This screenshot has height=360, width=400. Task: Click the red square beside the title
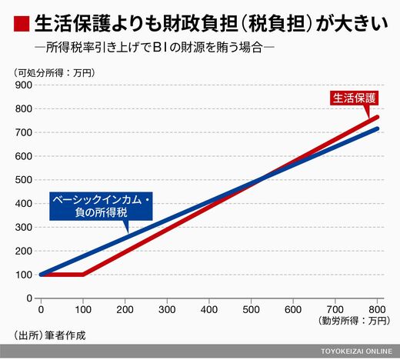[x=22, y=24]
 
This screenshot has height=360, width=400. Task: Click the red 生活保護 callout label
[x=355, y=98]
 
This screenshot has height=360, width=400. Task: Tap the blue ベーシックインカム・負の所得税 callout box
[x=101, y=206]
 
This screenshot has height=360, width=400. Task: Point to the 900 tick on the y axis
[x=24, y=85]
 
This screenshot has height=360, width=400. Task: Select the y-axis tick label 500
[x=24, y=180]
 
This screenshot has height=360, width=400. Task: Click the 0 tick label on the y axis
[x=29, y=298]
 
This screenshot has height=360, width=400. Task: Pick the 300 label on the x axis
[x=167, y=310]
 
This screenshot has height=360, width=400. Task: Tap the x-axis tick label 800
[x=377, y=310]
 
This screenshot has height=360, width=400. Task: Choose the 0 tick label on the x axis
[x=41, y=310]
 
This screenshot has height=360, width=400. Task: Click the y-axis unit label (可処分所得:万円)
[x=55, y=73]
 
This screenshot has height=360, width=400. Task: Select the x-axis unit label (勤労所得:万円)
[x=355, y=321]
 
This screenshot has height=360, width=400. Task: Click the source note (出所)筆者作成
[x=49, y=335]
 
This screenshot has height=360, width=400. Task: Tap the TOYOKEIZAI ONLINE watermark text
[x=357, y=352]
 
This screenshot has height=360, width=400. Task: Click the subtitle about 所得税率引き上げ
[x=155, y=48]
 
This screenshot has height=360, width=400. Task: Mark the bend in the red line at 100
[x=83, y=275]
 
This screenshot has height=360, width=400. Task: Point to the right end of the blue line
[x=377, y=128]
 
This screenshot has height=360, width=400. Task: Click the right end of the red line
[x=377, y=117]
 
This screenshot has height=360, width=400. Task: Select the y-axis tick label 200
[x=24, y=251]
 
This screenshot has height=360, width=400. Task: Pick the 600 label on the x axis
[x=293, y=310]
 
